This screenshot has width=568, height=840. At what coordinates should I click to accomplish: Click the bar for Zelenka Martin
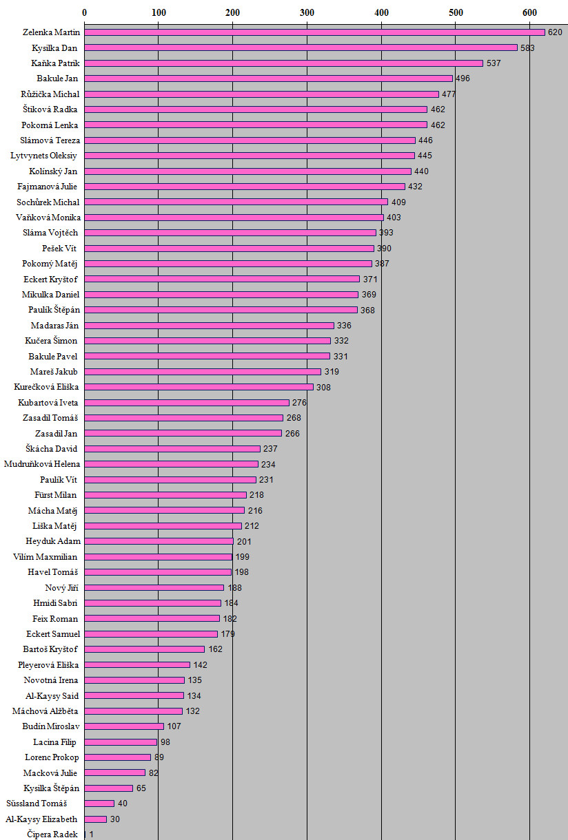[x=314, y=32]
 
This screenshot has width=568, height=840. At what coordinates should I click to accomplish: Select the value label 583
[x=528, y=48]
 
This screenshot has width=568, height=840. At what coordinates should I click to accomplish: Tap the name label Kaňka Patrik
[x=55, y=63]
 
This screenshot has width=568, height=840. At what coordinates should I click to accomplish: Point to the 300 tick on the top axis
[x=307, y=12]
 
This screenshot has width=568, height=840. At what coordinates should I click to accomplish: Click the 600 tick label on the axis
[x=529, y=12]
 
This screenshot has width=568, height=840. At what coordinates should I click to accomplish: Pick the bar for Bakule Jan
[x=268, y=78]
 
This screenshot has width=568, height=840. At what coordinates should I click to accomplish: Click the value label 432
[x=415, y=187]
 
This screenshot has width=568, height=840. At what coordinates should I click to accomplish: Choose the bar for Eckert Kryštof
[x=222, y=279]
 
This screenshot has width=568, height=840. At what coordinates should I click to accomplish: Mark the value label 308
[x=324, y=387]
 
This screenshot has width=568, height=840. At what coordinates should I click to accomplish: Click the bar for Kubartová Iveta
[x=187, y=402]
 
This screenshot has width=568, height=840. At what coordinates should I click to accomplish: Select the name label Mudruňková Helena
[x=42, y=464]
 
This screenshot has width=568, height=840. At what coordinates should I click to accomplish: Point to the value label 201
[x=244, y=541]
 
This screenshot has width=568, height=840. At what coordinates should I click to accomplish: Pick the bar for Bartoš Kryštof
[x=145, y=649]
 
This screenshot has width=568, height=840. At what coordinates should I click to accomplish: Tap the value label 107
[x=174, y=726]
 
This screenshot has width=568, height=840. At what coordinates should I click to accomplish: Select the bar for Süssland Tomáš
[x=99, y=804]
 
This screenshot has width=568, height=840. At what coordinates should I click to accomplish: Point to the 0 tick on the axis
[x=84, y=12]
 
